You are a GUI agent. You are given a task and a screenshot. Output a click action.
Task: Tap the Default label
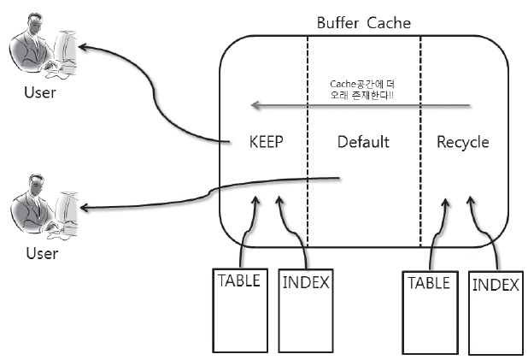363,142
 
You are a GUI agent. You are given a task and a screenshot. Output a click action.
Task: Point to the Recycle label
463,142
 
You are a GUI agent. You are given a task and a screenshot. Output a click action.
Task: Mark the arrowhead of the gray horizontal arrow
255,107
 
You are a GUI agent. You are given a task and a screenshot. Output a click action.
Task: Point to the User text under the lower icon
40,253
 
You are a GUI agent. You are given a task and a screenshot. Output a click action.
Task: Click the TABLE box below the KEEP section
239,308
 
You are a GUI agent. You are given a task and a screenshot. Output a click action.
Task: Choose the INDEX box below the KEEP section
307,308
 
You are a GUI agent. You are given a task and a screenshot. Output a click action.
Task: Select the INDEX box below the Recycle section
495,312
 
